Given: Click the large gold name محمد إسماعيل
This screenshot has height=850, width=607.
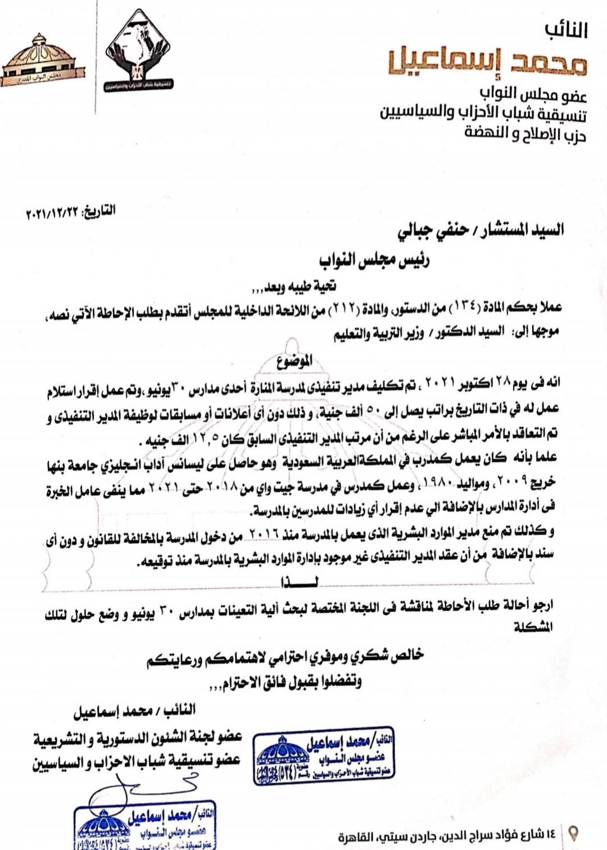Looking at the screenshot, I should click(487, 63).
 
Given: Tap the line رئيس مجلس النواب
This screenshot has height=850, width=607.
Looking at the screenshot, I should click(374, 261).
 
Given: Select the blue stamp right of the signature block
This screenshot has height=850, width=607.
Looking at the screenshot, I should click(324, 758).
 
